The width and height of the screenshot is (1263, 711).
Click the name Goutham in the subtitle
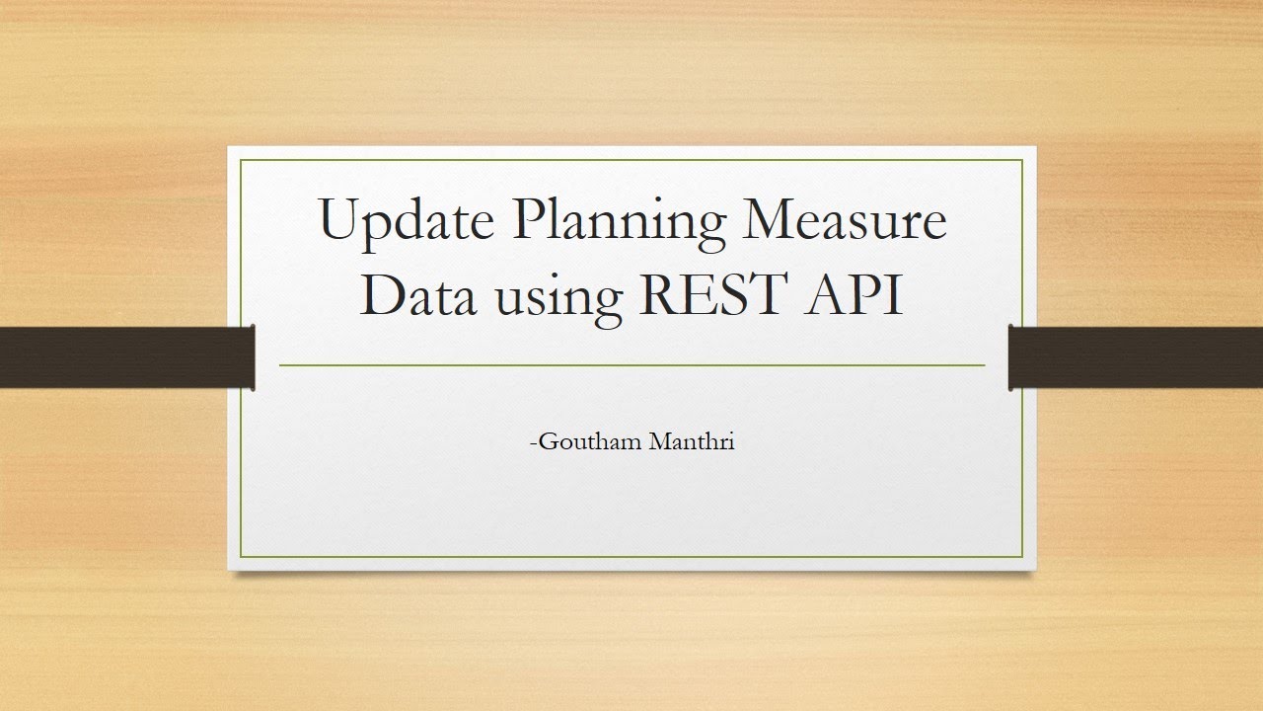[x=589, y=441]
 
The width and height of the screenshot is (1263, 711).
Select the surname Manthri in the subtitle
[x=692, y=441]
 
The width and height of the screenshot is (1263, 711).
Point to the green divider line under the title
[x=631, y=365]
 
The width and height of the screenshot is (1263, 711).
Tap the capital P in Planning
[x=525, y=219]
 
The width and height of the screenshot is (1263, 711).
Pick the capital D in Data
[x=382, y=293]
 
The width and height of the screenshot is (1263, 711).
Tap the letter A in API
[x=824, y=293]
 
